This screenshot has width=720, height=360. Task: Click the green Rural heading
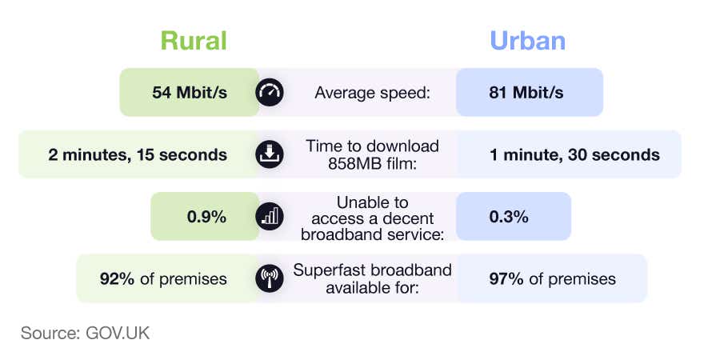(194, 41)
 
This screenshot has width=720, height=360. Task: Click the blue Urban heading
(526, 41)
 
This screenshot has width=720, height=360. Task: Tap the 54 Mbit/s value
(190, 93)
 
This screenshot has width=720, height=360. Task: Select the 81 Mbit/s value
(526, 93)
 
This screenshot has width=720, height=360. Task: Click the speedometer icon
(270, 93)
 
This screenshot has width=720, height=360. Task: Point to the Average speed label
(373, 93)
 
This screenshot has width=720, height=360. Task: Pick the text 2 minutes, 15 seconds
(138, 154)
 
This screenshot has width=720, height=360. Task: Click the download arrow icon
(270, 154)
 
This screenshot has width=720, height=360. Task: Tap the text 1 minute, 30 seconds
(574, 154)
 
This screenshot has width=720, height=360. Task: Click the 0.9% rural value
(206, 217)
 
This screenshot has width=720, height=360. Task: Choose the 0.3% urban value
(509, 217)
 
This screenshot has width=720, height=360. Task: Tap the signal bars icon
(270, 217)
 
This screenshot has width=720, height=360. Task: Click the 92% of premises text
(163, 278)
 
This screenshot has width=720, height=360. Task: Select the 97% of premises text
(553, 278)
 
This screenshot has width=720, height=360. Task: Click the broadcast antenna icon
(270, 278)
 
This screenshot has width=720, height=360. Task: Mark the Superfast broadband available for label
(373, 278)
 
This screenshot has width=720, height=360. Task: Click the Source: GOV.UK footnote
(85, 332)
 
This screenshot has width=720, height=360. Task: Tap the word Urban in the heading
(526, 41)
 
